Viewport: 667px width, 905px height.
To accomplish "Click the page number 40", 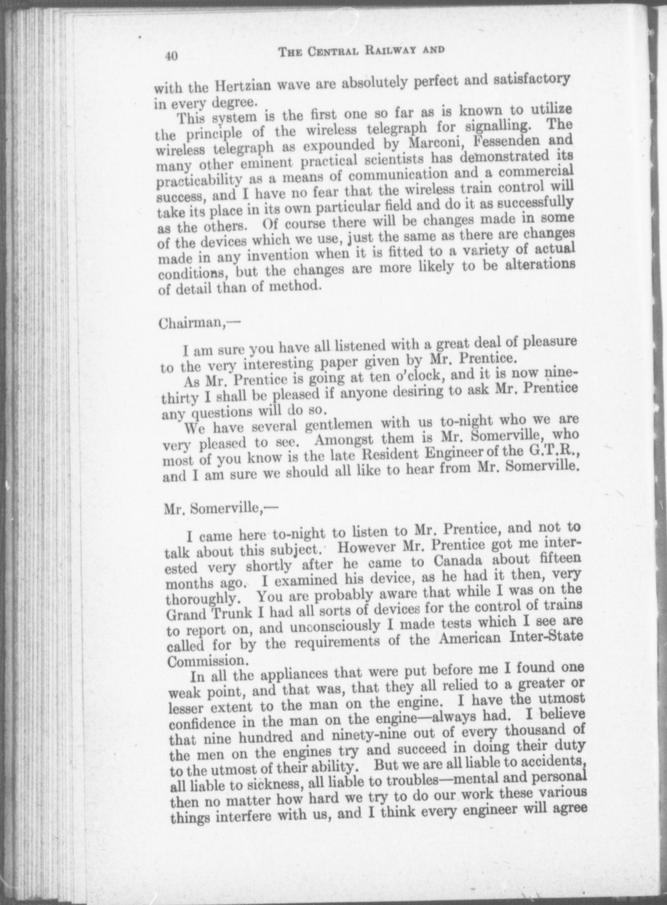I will (x=171, y=55).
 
